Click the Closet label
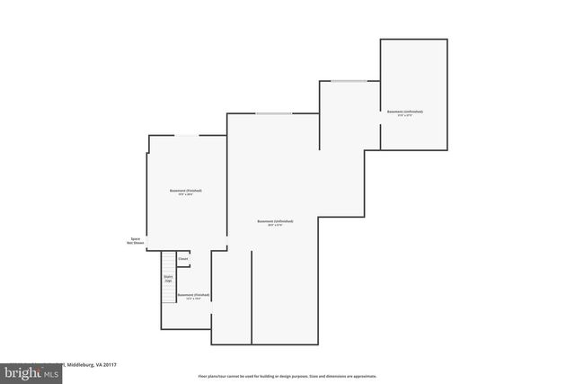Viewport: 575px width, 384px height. [x=182, y=258]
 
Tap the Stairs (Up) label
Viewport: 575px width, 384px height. [x=168, y=279]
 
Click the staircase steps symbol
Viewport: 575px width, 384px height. [x=168, y=292]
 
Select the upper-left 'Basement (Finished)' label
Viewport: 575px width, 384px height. [x=186, y=191]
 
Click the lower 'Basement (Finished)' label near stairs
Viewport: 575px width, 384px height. [x=193, y=294]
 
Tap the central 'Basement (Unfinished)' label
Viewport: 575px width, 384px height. [x=275, y=221]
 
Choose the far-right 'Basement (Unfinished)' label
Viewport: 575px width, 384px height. [x=405, y=112]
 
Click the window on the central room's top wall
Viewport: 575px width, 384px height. [x=273, y=113]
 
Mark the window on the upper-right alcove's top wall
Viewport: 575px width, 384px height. [x=349, y=82]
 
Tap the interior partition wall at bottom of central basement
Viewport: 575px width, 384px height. [x=252, y=297]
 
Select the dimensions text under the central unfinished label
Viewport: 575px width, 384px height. [x=275, y=226]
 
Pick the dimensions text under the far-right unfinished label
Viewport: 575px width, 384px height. [x=405, y=116]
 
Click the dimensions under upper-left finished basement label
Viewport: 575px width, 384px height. [x=186, y=195]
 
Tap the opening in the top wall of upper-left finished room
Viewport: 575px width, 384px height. [x=187, y=136]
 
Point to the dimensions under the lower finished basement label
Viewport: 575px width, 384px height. [x=193, y=299]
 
